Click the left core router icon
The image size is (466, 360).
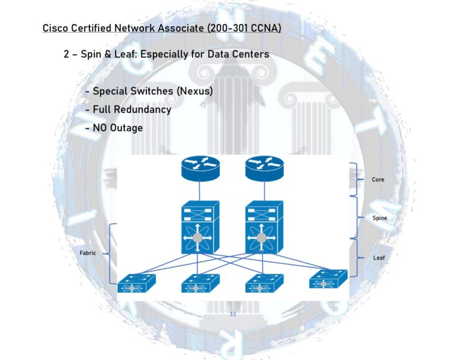[x=200, y=167]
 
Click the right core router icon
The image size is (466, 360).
[x=264, y=167]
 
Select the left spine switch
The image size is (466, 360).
[x=200, y=227]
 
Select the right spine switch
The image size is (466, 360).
[x=265, y=227]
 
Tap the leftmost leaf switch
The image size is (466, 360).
[x=136, y=283]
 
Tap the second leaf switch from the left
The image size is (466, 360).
[x=200, y=283]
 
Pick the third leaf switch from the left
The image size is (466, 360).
[x=264, y=283]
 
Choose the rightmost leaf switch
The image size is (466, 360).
[x=328, y=279]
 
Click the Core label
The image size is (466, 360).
[x=378, y=179]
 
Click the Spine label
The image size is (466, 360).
[x=379, y=218]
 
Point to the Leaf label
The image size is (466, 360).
[x=378, y=256]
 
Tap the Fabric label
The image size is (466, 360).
[x=88, y=253]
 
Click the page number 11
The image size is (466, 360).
[x=233, y=314]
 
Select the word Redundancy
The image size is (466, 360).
[x=143, y=109]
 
